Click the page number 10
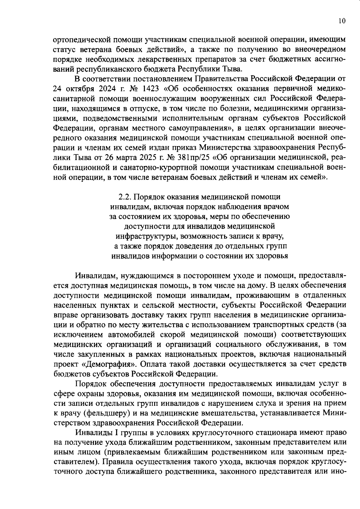point(342,21)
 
